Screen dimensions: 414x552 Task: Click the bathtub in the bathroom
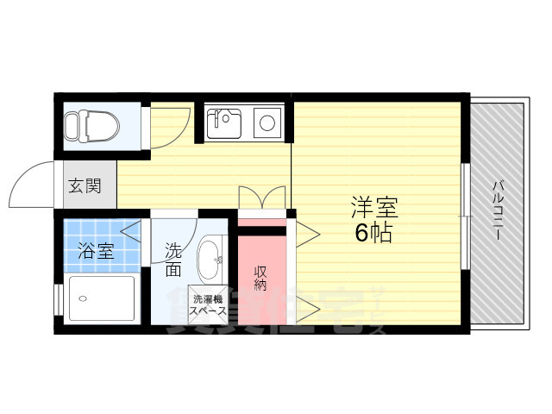pos(101,298)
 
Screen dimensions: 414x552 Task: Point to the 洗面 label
pos(173,260)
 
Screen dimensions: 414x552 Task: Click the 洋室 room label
pos(374,207)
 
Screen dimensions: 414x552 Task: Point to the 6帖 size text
pos(374,232)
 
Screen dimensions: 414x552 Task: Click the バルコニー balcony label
pos(499,211)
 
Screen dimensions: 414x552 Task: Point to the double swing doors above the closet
pos(261,198)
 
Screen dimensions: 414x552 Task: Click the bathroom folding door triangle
pos(131,230)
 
